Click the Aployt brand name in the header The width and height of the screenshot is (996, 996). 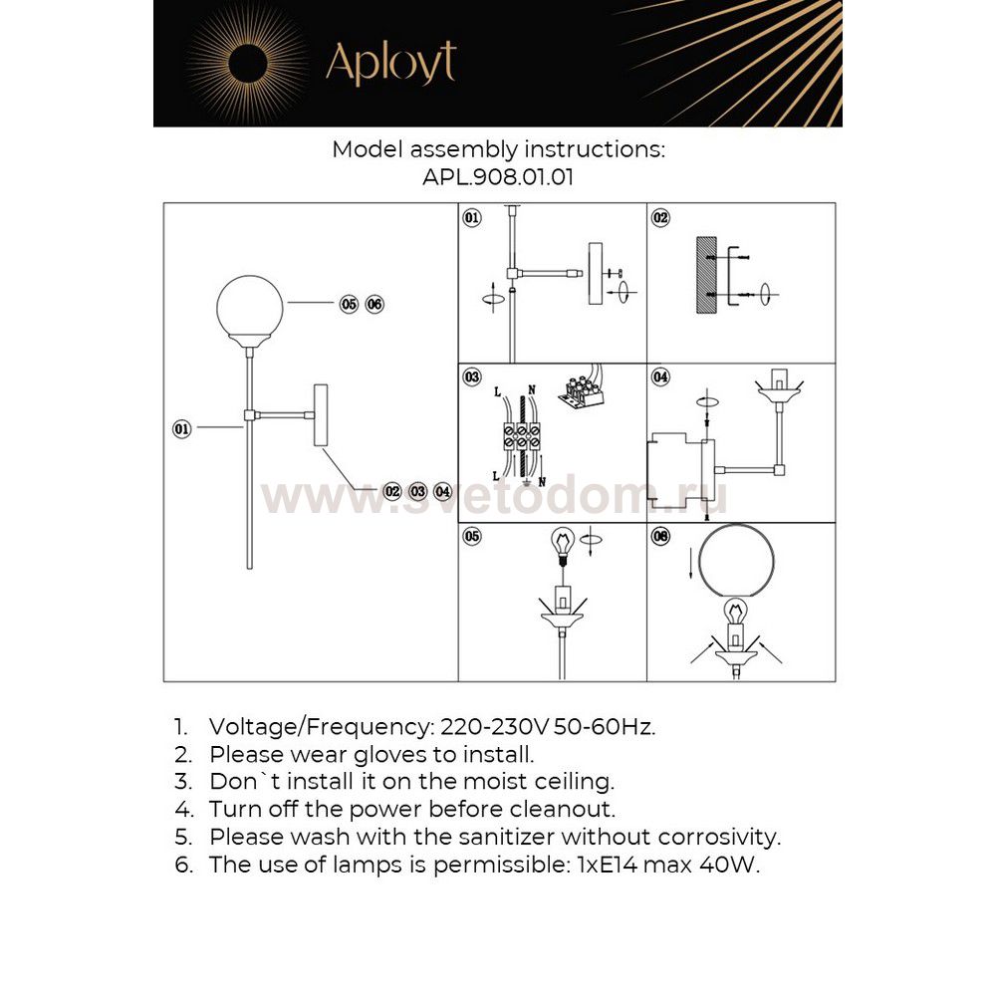pos(390,63)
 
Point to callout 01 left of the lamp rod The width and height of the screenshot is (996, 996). pos(181,429)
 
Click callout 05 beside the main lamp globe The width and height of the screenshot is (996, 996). pos(349,305)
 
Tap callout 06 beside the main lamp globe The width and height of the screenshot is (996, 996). pos(374,305)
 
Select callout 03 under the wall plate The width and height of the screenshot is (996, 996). pos(418,491)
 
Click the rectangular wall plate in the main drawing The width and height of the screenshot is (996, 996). pos(321,414)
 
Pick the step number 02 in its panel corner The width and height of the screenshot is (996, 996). pos(660,217)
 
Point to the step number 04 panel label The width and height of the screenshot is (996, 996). pos(660,377)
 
